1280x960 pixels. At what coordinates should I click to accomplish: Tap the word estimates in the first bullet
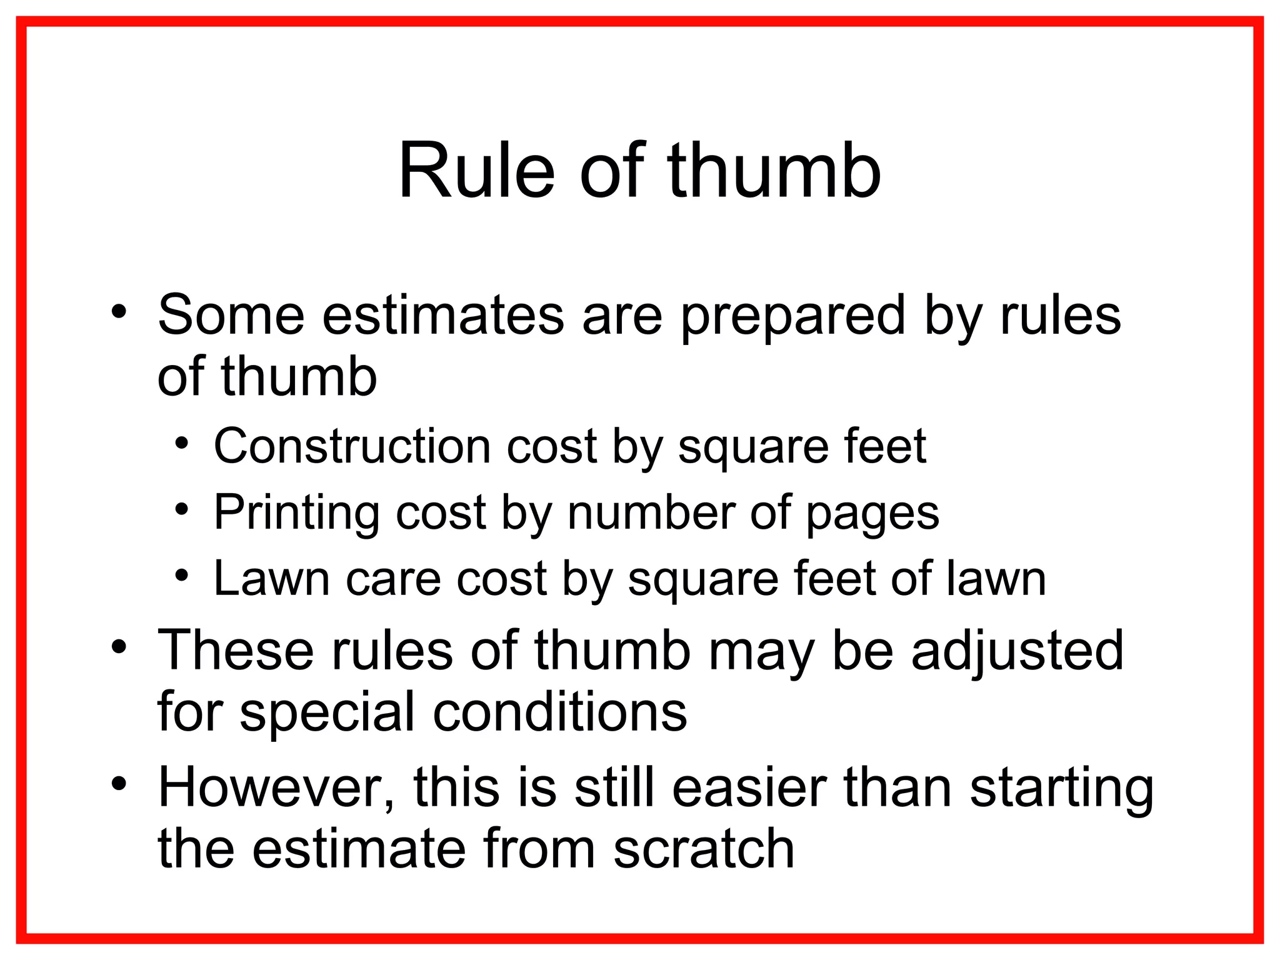[x=442, y=316]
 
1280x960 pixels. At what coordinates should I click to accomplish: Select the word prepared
[x=792, y=316]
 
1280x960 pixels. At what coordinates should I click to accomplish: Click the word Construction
[x=352, y=446]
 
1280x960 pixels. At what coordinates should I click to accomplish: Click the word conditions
[x=560, y=712]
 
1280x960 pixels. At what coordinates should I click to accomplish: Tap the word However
[x=276, y=787]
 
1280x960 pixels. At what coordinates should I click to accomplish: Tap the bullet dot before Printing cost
[x=181, y=509]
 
